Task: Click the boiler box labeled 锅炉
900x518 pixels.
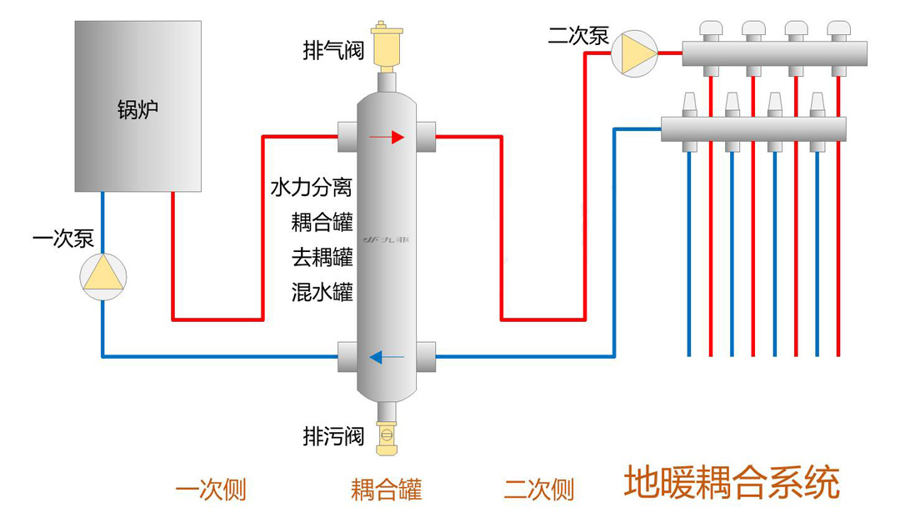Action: (x=137, y=106)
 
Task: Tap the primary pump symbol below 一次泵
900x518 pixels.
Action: (x=102, y=277)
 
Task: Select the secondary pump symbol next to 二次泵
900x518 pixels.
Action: (x=634, y=53)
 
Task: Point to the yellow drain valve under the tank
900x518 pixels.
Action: (x=387, y=437)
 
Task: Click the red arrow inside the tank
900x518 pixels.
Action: (x=387, y=138)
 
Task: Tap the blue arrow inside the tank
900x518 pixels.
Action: (x=387, y=357)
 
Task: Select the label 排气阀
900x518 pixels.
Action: (x=333, y=50)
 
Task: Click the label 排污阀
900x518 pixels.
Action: (x=333, y=436)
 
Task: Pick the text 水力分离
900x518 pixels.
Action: (x=311, y=187)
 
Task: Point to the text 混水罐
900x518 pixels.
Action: (x=322, y=292)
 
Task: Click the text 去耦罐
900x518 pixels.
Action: (x=322, y=257)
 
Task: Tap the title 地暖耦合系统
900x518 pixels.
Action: (x=732, y=482)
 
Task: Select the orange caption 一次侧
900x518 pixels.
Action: (x=211, y=490)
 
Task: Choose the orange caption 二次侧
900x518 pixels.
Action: (x=539, y=490)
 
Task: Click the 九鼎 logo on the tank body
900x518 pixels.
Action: (x=387, y=239)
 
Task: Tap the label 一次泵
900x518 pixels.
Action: (x=63, y=239)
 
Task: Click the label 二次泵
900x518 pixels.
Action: (x=578, y=36)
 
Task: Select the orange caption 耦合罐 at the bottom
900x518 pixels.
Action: (x=387, y=490)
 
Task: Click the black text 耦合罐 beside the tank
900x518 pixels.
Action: (x=322, y=222)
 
